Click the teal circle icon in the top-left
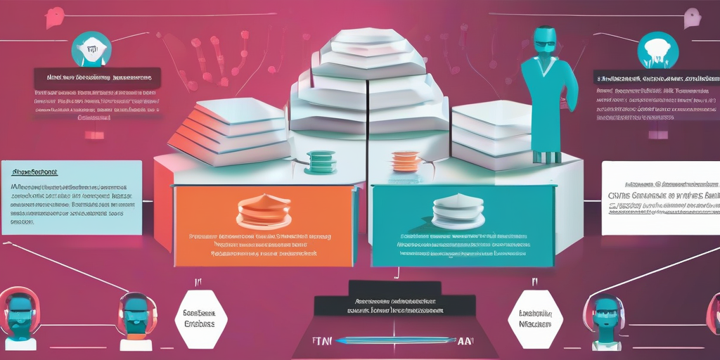[x=91, y=49]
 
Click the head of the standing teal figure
[x=544, y=41]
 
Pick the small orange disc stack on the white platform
[x=404, y=161]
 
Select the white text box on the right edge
[x=661, y=197]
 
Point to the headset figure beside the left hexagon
[x=135, y=320]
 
